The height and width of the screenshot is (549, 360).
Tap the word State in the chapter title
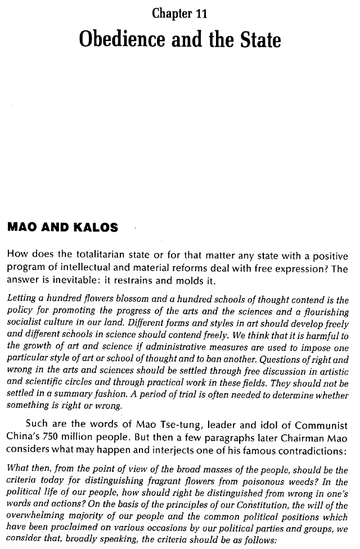[254, 40]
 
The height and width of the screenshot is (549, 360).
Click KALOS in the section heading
[96, 228]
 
